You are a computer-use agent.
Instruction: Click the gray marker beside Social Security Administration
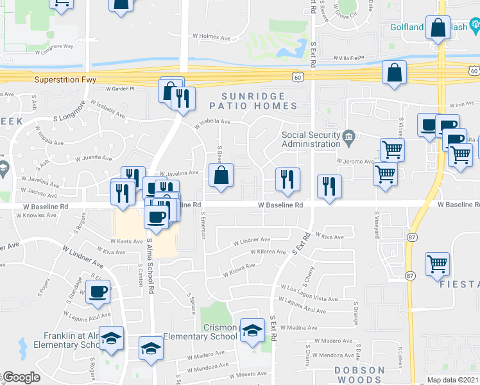[x=348, y=135]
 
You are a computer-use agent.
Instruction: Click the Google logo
[x=21, y=377]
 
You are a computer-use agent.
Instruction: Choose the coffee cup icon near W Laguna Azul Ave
[x=98, y=292]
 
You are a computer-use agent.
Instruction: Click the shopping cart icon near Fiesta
[x=437, y=263]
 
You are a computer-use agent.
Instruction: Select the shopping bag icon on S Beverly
[x=220, y=175]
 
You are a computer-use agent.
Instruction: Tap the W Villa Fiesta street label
[x=352, y=57]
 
